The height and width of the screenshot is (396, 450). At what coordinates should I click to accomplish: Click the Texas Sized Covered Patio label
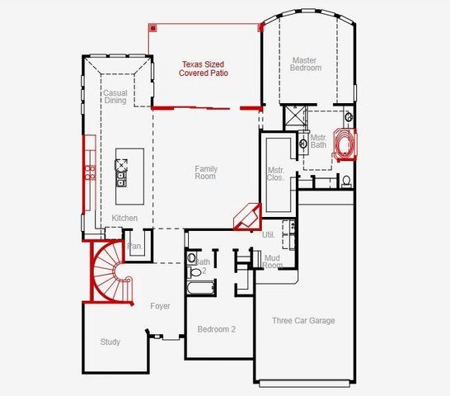coord(204,68)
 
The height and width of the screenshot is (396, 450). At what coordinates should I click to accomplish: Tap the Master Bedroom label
coord(306,64)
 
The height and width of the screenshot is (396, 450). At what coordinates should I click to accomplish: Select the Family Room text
coord(205,172)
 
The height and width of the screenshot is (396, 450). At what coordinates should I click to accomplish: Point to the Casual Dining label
coord(115,97)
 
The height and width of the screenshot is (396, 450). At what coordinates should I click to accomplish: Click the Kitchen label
coord(124,218)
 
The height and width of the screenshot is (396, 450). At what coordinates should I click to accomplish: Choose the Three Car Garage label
coord(303,320)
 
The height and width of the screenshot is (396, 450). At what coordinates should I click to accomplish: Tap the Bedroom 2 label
coord(216,329)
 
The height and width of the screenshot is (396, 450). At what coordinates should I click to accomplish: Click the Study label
coord(110,342)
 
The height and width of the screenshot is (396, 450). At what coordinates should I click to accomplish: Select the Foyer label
coord(160,306)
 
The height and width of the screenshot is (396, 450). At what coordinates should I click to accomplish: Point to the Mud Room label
coord(273,262)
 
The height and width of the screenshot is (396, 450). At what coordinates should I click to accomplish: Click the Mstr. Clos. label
coord(276,174)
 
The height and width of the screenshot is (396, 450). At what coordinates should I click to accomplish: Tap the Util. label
coord(268,235)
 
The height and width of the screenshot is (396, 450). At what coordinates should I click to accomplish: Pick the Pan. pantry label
coord(135,246)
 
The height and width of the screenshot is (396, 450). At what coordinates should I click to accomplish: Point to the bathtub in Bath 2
coord(199,290)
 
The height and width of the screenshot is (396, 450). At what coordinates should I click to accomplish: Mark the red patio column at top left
coord(152,27)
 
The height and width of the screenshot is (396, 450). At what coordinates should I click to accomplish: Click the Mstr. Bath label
coord(318,141)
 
